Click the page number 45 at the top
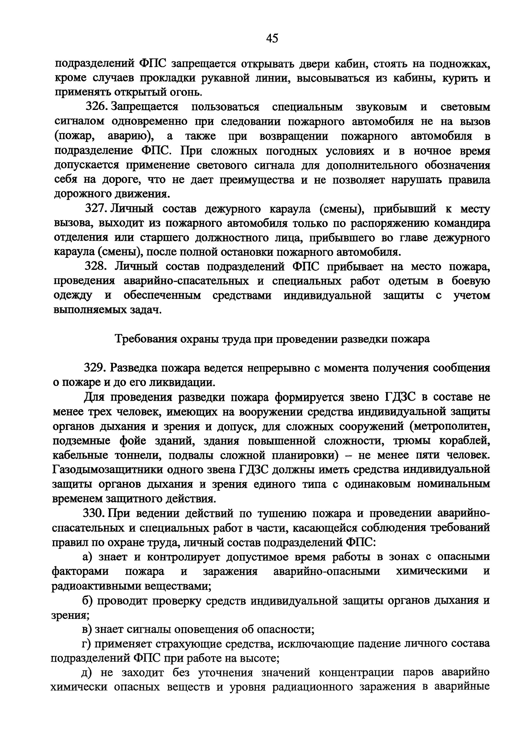coord(272,38)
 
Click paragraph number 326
coord(96,107)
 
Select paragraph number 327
coord(96,209)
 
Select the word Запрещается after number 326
coord(144,107)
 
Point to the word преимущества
coord(257,179)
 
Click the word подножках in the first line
coord(459,64)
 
